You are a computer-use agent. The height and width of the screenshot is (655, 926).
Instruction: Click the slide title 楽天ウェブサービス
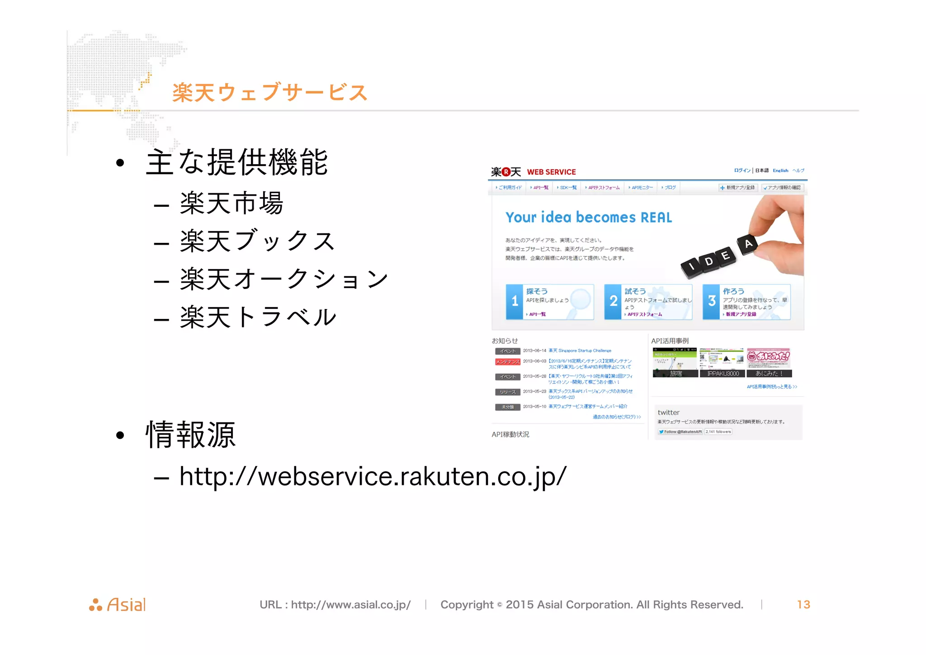tap(269, 93)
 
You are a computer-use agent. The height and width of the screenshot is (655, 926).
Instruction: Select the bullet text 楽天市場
tap(231, 204)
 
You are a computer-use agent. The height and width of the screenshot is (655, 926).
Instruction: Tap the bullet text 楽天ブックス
tap(257, 241)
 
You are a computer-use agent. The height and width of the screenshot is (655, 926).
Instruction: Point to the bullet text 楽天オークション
tap(284, 279)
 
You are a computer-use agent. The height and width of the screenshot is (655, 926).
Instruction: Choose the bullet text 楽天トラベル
tap(258, 317)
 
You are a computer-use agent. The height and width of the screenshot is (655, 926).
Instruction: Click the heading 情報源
tap(191, 435)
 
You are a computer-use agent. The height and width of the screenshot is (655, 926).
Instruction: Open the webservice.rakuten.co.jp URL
tap(373, 477)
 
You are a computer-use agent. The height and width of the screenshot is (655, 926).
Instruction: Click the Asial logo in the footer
tap(118, 605)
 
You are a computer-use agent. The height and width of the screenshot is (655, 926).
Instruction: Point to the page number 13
tap(803, 605)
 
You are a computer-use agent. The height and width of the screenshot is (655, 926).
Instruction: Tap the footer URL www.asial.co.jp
tap(350, 605)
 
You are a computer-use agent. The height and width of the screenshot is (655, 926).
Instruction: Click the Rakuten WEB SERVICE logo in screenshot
tap(534, 172)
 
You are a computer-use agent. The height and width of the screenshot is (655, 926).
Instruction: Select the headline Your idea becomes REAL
tap(588, 218)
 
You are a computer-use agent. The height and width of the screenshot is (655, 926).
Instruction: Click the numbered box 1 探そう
tap(549, 302)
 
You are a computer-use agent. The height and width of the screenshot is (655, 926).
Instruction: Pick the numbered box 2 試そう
tap(648, 302)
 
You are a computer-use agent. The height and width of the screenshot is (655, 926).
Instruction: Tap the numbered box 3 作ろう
tap(746, 302)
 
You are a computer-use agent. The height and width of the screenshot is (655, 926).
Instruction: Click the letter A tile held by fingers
tap(748, 244)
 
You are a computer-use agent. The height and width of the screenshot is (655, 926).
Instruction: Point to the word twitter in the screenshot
tap(668, 413)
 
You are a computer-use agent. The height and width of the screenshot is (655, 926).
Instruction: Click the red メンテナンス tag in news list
tap(507, 362)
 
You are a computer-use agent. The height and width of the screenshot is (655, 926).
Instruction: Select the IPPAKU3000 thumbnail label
tap(723, 374)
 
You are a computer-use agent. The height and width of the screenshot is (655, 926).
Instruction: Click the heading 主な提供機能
tap(237, 162)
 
